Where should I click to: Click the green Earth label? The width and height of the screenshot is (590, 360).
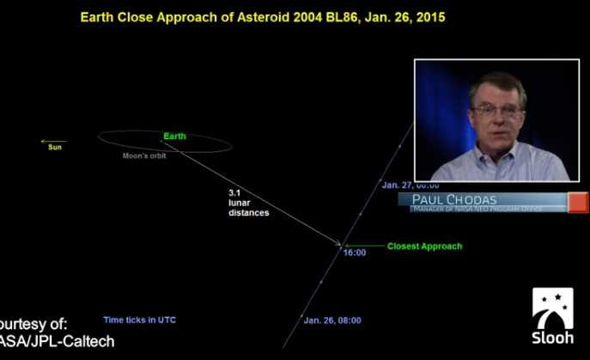click(x=174, y=137)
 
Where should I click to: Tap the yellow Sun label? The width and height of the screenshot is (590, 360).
click(x=55, y=148)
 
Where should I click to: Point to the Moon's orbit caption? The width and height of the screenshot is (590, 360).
click(x=144, y=156)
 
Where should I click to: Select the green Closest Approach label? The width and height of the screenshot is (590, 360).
click(x=424, y=247)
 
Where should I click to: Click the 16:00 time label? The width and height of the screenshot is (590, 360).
click(x=355, y=253)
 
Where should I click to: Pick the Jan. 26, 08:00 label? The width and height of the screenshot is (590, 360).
click(x=332, y=320)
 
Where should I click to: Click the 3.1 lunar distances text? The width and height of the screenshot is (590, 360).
click(x=248, y=203)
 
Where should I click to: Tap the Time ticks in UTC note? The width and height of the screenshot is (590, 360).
click(x=139, y=320)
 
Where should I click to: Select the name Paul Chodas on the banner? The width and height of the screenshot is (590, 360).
click(x=459, y=199)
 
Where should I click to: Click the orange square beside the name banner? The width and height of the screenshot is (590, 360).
click(x=578, y=202)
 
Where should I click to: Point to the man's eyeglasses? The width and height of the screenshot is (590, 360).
click(x=497, y=110)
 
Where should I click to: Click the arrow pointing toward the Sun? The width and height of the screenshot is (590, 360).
click(x=53, y=141)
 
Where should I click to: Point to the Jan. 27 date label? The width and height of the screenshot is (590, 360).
click(x=410, y=185)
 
